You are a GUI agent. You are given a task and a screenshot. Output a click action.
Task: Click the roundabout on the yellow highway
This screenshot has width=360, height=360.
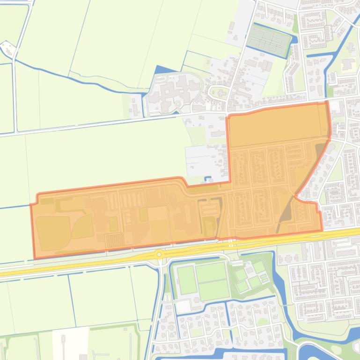tap(160, 255)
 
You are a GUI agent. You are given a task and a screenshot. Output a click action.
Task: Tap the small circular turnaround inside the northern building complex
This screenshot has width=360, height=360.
tap(178, 104)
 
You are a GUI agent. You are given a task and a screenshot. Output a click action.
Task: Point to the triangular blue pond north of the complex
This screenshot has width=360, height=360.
tap(161, 71)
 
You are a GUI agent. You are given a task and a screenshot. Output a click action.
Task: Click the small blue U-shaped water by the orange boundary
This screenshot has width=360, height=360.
tap(208, 179)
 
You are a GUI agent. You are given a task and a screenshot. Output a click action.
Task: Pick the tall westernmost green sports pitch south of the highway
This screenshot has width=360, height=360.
tap(187, 279)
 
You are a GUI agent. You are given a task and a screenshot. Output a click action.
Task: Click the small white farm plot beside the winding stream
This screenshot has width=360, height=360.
tap(7, 48)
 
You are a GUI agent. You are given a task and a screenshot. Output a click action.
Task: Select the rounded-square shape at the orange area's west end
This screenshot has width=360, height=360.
tap(52, 232)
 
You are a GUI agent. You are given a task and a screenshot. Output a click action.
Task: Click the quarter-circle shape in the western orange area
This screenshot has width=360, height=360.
tap(83, 227)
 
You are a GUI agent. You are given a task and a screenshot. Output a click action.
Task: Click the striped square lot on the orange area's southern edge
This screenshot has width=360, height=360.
tap(114, 240)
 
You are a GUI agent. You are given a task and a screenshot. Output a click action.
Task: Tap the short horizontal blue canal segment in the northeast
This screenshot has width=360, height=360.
tap(318, 56)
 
